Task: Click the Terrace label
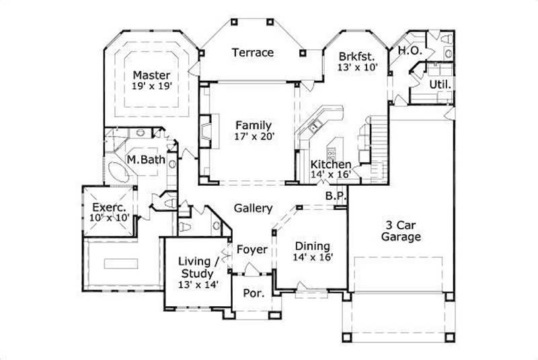pyautogui.click(x=253, y=52)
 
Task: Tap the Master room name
pyautogui.click(x=151, y=75)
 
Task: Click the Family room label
pyautogui.click(x=253, y=125)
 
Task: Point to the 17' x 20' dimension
pyautogui.click(x=253, y=137)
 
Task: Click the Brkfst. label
pyautogui.click(x=356, y=57)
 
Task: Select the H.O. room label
pyautogui.click(x=410, y=50)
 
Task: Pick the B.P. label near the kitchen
pyautogui.click(x=336, y=196)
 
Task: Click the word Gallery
pyautogui.click(x=253, y=209)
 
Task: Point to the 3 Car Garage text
pyautogui.click(x=401, y=231)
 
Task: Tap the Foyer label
pyautogui.click(x=252, y=250)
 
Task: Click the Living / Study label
pyautogui.click(x=196, y=268)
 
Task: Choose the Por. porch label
pyautogui.click(x=252, y=293)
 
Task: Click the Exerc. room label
pyautogui.click(x=106, y=207)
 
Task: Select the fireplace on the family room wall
pyautogui.click(x=204, y=132)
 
